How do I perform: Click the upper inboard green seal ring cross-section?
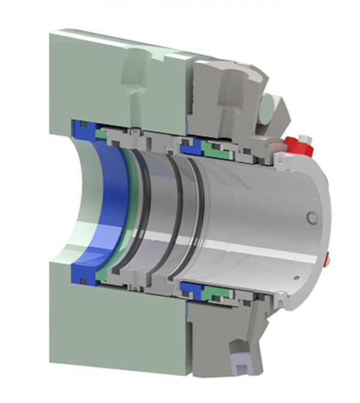[x=101, y=133]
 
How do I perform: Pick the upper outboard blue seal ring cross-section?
[x=191, y=144]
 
